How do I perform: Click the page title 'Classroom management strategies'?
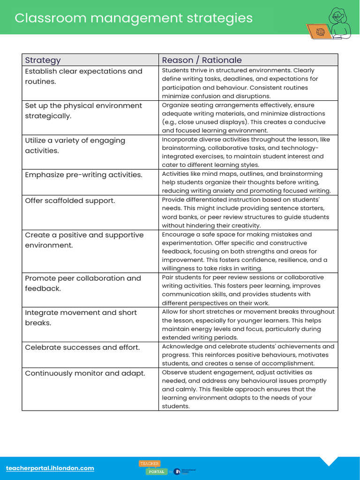tap(134, 18)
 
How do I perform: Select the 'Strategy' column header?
tap(43, 60)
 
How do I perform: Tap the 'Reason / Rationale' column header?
tap(202, 60)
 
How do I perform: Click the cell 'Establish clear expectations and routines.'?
tap(83, 76)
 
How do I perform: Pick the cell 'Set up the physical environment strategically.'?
tap(83, 111)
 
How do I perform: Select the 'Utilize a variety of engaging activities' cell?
tap(75, 145)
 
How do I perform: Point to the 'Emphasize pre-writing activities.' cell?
tap(83, 175)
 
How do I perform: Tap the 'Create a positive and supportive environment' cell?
tap(84, 240)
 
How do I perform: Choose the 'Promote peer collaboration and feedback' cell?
tap(83, 283)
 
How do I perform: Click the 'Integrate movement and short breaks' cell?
tap(81, 318)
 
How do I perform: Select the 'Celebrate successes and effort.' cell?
tap(82, 347)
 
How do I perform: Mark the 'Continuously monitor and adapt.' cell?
tap(85, 373)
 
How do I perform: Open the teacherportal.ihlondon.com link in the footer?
tap(50, 468)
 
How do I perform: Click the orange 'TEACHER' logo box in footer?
tap(150, 464)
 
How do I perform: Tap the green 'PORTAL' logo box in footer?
tap(157, 472)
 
